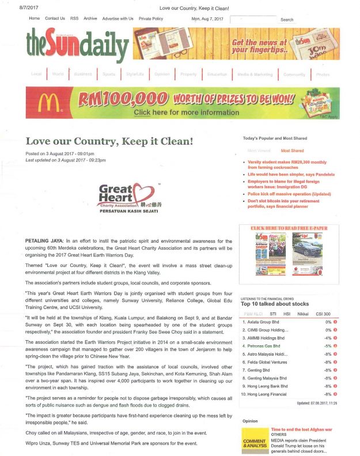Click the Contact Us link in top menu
pyautogui.click(x=55, y=19)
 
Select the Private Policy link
pyautogui.click(x=151, y=19)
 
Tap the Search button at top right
pyautogui.click(x=287, y=20)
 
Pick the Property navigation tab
pyautogui.click(x=188, y=74)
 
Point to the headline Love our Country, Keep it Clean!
pyautogui.click(x=109, y=141)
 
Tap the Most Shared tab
pyautogui.click(x=292, y=150)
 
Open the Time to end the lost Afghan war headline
pyautogui.click(x=302, y=430)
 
